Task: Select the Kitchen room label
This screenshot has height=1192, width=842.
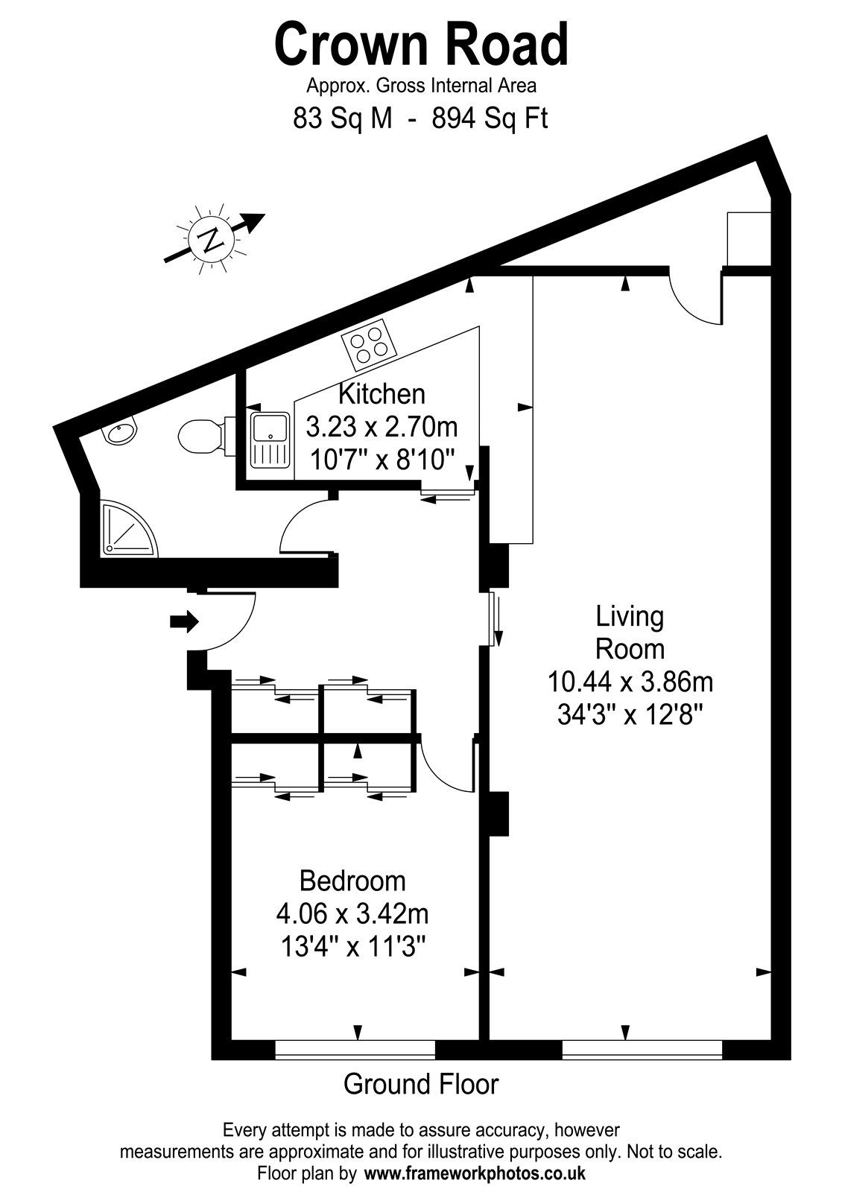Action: [382, 394]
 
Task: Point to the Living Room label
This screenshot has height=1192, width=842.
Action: [630, 633]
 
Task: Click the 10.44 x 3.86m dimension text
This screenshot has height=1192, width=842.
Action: [630, 682]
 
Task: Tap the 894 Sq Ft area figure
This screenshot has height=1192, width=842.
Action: [490, 118]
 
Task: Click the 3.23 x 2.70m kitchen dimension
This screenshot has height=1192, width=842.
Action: [382, 427]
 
